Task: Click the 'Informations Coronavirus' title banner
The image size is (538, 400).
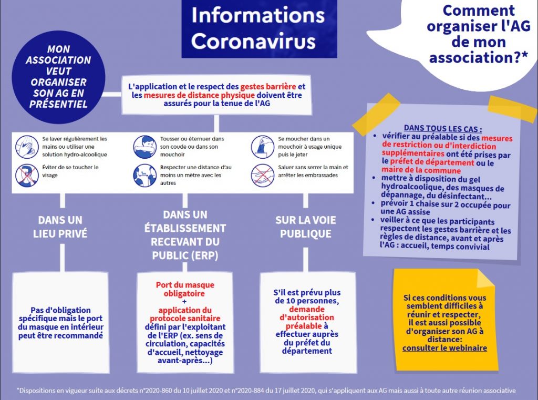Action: click(259, 29)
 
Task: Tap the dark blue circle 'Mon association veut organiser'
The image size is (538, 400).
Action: click(58, 77)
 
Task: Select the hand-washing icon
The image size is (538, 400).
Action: click(27, 147)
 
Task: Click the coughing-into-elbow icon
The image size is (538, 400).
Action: click(145, 147)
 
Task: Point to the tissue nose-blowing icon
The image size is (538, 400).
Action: click(263, 147)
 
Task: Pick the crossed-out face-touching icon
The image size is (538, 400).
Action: click(27, 176)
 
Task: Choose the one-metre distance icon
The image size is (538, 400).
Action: click(145, 176)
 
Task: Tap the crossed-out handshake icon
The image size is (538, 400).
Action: click(263, 176)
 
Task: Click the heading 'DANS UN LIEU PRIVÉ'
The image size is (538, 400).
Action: click(60, 227)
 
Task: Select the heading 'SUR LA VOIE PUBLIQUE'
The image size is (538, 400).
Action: click(306, 227)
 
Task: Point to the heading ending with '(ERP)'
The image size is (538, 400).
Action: click(185, 235)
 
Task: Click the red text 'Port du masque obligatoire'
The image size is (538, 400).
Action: click(185, 289)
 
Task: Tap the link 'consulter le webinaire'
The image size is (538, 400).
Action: click(444, 348)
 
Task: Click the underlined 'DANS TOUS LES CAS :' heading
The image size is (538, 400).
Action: click(442, 129)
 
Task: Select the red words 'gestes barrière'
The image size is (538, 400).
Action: click(268, 87)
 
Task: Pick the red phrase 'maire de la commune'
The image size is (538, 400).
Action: click(421, 170)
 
